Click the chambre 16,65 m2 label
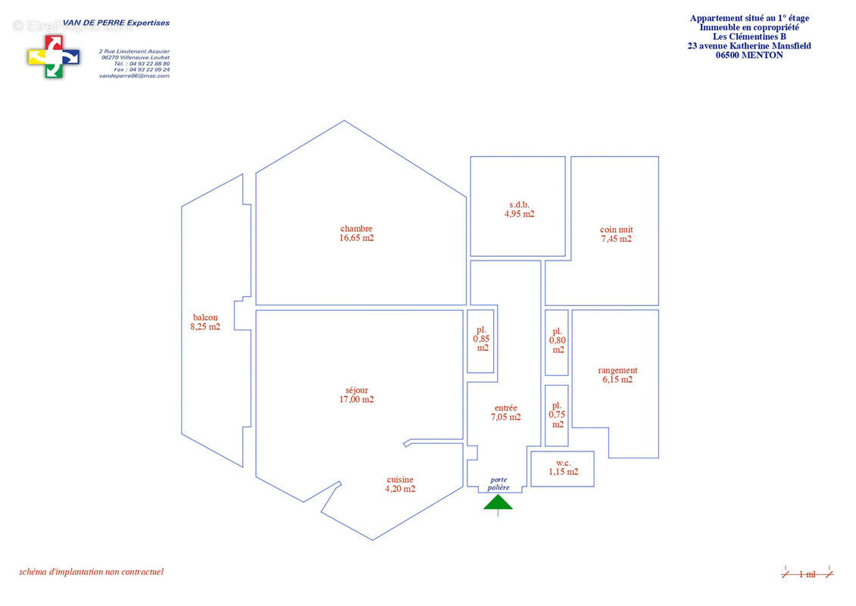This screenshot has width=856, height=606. (356, 233)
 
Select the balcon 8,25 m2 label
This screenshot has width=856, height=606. (205, 322)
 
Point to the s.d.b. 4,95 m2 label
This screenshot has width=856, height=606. (519, 209)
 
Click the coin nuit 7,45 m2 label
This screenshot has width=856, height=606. (616, 234)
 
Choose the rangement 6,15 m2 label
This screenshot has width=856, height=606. (617, 375)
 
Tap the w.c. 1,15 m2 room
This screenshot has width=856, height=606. (563, 467)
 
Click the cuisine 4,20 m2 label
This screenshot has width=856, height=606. (400, 484)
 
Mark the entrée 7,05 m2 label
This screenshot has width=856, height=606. (505, 412)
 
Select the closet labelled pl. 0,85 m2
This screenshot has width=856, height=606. (481, 340)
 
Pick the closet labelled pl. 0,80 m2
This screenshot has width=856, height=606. (557, 342)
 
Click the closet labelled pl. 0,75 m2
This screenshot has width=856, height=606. (557, 415)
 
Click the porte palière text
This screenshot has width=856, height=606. (498, 484)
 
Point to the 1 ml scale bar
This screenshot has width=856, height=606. (808, 574)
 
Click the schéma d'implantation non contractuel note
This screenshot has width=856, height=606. (91, 572)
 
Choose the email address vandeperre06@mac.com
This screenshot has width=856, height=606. (134, 76)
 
